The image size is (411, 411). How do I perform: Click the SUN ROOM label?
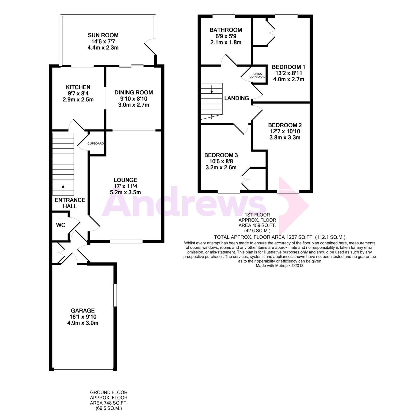(x=103, y=35)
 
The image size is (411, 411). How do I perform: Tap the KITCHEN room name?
(x=78, y=87)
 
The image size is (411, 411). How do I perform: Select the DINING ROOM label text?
(x=134, y=92)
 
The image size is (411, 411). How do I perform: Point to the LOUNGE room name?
(x=125, y=180)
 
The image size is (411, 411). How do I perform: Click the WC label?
(x=61, y=225)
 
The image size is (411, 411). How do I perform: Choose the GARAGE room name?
(x=83, y=310)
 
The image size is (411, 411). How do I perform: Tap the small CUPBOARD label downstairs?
(x=96, y=144)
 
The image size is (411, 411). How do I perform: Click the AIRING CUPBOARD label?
(x=257, y=75)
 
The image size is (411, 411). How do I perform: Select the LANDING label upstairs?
(x=237, y=98)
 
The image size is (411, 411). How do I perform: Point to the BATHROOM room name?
(x=226, y=30)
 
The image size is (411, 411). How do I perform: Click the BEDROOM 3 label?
(x=221, y=155)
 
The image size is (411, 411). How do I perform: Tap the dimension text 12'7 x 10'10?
(x=285, y=131)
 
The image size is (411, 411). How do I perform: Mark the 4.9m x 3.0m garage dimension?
(x=83, y=323)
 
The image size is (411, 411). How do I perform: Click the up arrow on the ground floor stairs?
(x=63, y=189)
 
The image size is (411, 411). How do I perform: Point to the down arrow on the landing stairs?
(x=212, y=89)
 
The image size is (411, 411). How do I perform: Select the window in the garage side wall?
(x=115, y=295)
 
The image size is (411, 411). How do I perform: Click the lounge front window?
(x=126, y=241)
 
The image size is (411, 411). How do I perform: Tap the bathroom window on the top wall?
(x=224, y=16)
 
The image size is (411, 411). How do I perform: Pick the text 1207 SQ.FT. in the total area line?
(x=299, y=237)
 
